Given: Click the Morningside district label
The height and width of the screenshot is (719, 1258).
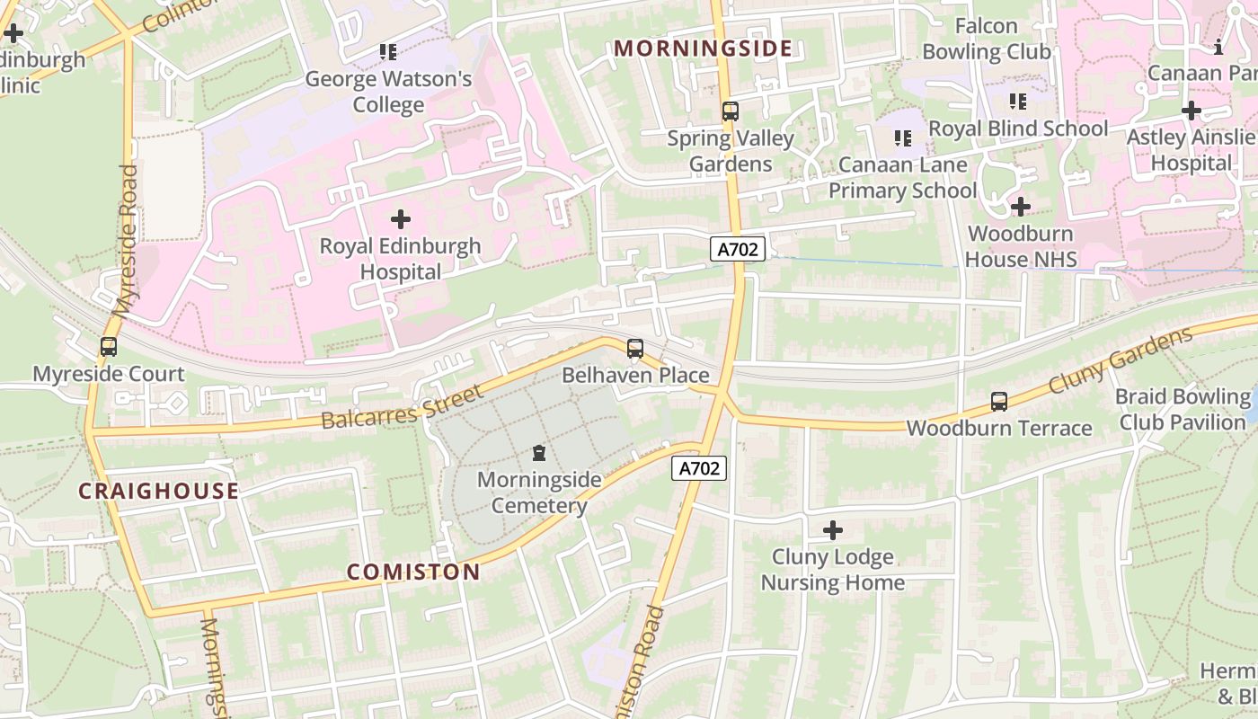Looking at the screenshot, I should pyautogui.click(x=704, y=49).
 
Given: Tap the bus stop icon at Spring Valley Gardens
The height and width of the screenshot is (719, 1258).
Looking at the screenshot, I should pyautogui.click(x=731, y=111).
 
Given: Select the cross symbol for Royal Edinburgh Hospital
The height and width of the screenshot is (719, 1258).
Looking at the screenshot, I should pyautogui.click(x=401, y=218).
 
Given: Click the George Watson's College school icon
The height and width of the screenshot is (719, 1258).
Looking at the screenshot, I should pyautogui.click(x=388, y=52).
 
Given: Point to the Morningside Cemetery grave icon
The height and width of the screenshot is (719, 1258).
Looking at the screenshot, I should pyautogui.click(x=539, y=452).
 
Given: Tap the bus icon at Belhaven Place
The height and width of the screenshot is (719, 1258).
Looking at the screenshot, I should pyautogui.click(x=635, y=348).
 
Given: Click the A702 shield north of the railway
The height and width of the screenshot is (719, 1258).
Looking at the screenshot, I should pyautogui.click(x=738, y=249).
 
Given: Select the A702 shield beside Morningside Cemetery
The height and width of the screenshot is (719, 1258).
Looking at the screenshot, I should pyautogui.click(x=699, y=467).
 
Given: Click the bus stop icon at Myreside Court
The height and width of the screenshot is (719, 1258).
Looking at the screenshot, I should pyautogui.click(x=109, y=346).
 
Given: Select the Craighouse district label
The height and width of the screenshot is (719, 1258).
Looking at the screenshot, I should pyautogui.click(x=158, y=491).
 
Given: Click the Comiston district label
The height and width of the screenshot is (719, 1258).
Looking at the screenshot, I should pyautogui.click(x=413, y=572).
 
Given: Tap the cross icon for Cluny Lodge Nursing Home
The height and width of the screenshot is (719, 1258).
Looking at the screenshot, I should pyautogui.click(x=833, y=529).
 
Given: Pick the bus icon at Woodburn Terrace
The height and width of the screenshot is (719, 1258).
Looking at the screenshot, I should pyautogui.click(x=999, y=401).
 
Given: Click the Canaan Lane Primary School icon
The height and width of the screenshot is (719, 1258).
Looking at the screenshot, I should pyautogui.click(x=903, y=138).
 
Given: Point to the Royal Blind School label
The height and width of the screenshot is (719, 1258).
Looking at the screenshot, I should pyautogui.click(x=1018, y=129).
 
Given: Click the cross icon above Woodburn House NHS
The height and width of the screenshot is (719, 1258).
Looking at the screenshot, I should pyautogui.click(x=1020, y=207).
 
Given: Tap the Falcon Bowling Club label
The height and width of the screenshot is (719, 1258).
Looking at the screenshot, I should pyautogui.click(x=987, y=39).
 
